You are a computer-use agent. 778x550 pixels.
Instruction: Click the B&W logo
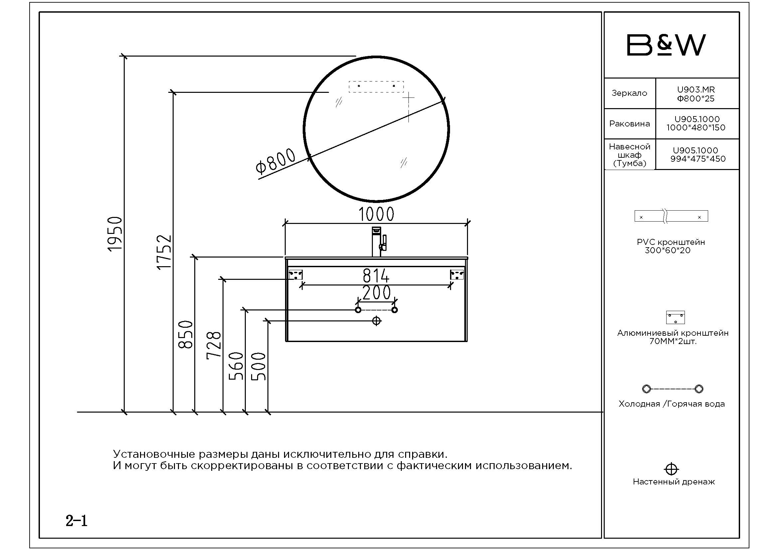(x=666, y=45)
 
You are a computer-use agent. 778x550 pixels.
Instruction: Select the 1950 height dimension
(x=115, y=234)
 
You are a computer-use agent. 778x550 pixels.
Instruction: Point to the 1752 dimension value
(x=164, y=252)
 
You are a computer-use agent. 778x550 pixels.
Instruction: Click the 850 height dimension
(x=185, y=334)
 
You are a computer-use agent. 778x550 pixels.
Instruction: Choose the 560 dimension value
(x=236, y=366)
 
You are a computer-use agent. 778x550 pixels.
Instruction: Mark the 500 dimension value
(x=258, y=366)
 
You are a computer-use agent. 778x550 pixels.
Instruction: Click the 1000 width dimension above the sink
(x=376, y=214)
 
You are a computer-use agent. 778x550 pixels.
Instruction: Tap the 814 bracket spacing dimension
(x=376, y=276)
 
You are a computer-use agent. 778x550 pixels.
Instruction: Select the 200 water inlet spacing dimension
(x=377, y=292)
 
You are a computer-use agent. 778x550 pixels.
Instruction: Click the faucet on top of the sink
(x=379, y=242)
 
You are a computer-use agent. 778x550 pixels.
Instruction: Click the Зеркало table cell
(x=630, y=93)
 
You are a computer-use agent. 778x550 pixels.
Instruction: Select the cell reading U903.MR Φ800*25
(x=697, y=93)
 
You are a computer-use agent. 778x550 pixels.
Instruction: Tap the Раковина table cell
(x=630, y=124)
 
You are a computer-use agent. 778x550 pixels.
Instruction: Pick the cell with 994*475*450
(x=697, y=154)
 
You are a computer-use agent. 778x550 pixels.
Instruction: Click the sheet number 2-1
(x=77, y=521)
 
